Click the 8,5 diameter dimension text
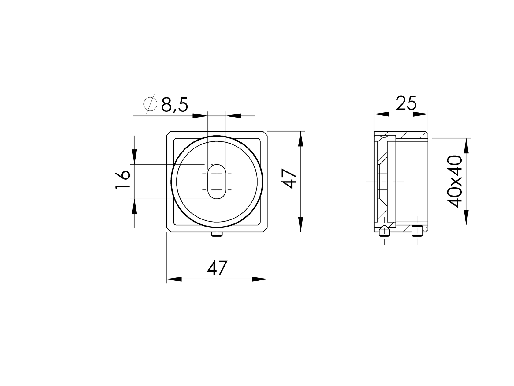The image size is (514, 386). point(174,105)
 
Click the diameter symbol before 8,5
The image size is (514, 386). point(150,105)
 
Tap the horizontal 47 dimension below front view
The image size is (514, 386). point(217,268)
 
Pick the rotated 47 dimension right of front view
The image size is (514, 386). point(289,180)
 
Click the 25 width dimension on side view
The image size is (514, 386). point(406,103)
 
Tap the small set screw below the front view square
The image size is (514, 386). point(217,234)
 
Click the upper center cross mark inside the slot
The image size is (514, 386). point(217,174)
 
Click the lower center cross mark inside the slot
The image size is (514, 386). point(217,190)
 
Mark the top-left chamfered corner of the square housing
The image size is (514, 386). point(169,133)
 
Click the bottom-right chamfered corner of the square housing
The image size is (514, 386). point(265,230)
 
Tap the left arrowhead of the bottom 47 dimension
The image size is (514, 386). point(174,279)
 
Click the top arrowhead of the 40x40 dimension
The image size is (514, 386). point(466,146)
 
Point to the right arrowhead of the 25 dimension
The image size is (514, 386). point(420,114)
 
